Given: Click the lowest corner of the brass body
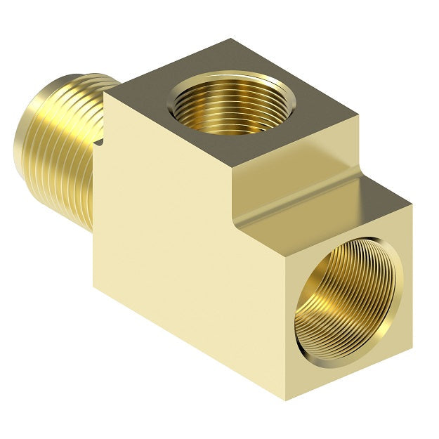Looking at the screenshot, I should coord(286,400).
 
